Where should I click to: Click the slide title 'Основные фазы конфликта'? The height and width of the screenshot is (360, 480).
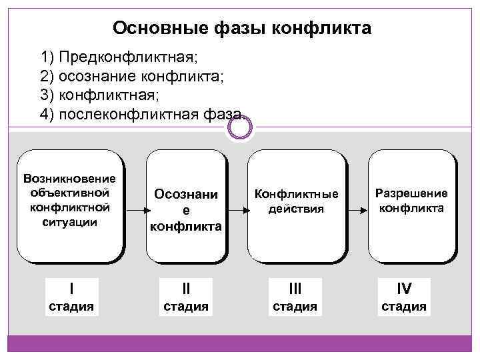[x=242, y=28]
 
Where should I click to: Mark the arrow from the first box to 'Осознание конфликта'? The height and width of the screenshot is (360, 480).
[x=135, y=209]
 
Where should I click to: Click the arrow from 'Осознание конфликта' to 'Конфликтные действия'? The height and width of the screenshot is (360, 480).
[x=237, y=209]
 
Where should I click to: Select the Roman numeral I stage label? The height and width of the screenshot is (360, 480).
[x=71, y=288]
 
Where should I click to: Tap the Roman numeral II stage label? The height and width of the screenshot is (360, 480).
[x=186, y=288]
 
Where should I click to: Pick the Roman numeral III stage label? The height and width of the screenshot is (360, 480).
[x=295, y=288]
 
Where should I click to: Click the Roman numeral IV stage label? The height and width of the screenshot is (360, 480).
[x=404, y=288]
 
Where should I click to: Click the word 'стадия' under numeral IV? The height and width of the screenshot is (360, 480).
[x=404, y=307]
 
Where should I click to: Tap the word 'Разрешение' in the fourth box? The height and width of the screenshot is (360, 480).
[x=411, y=193]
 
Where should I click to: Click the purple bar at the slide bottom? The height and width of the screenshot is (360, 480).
[x=240, y=343]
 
